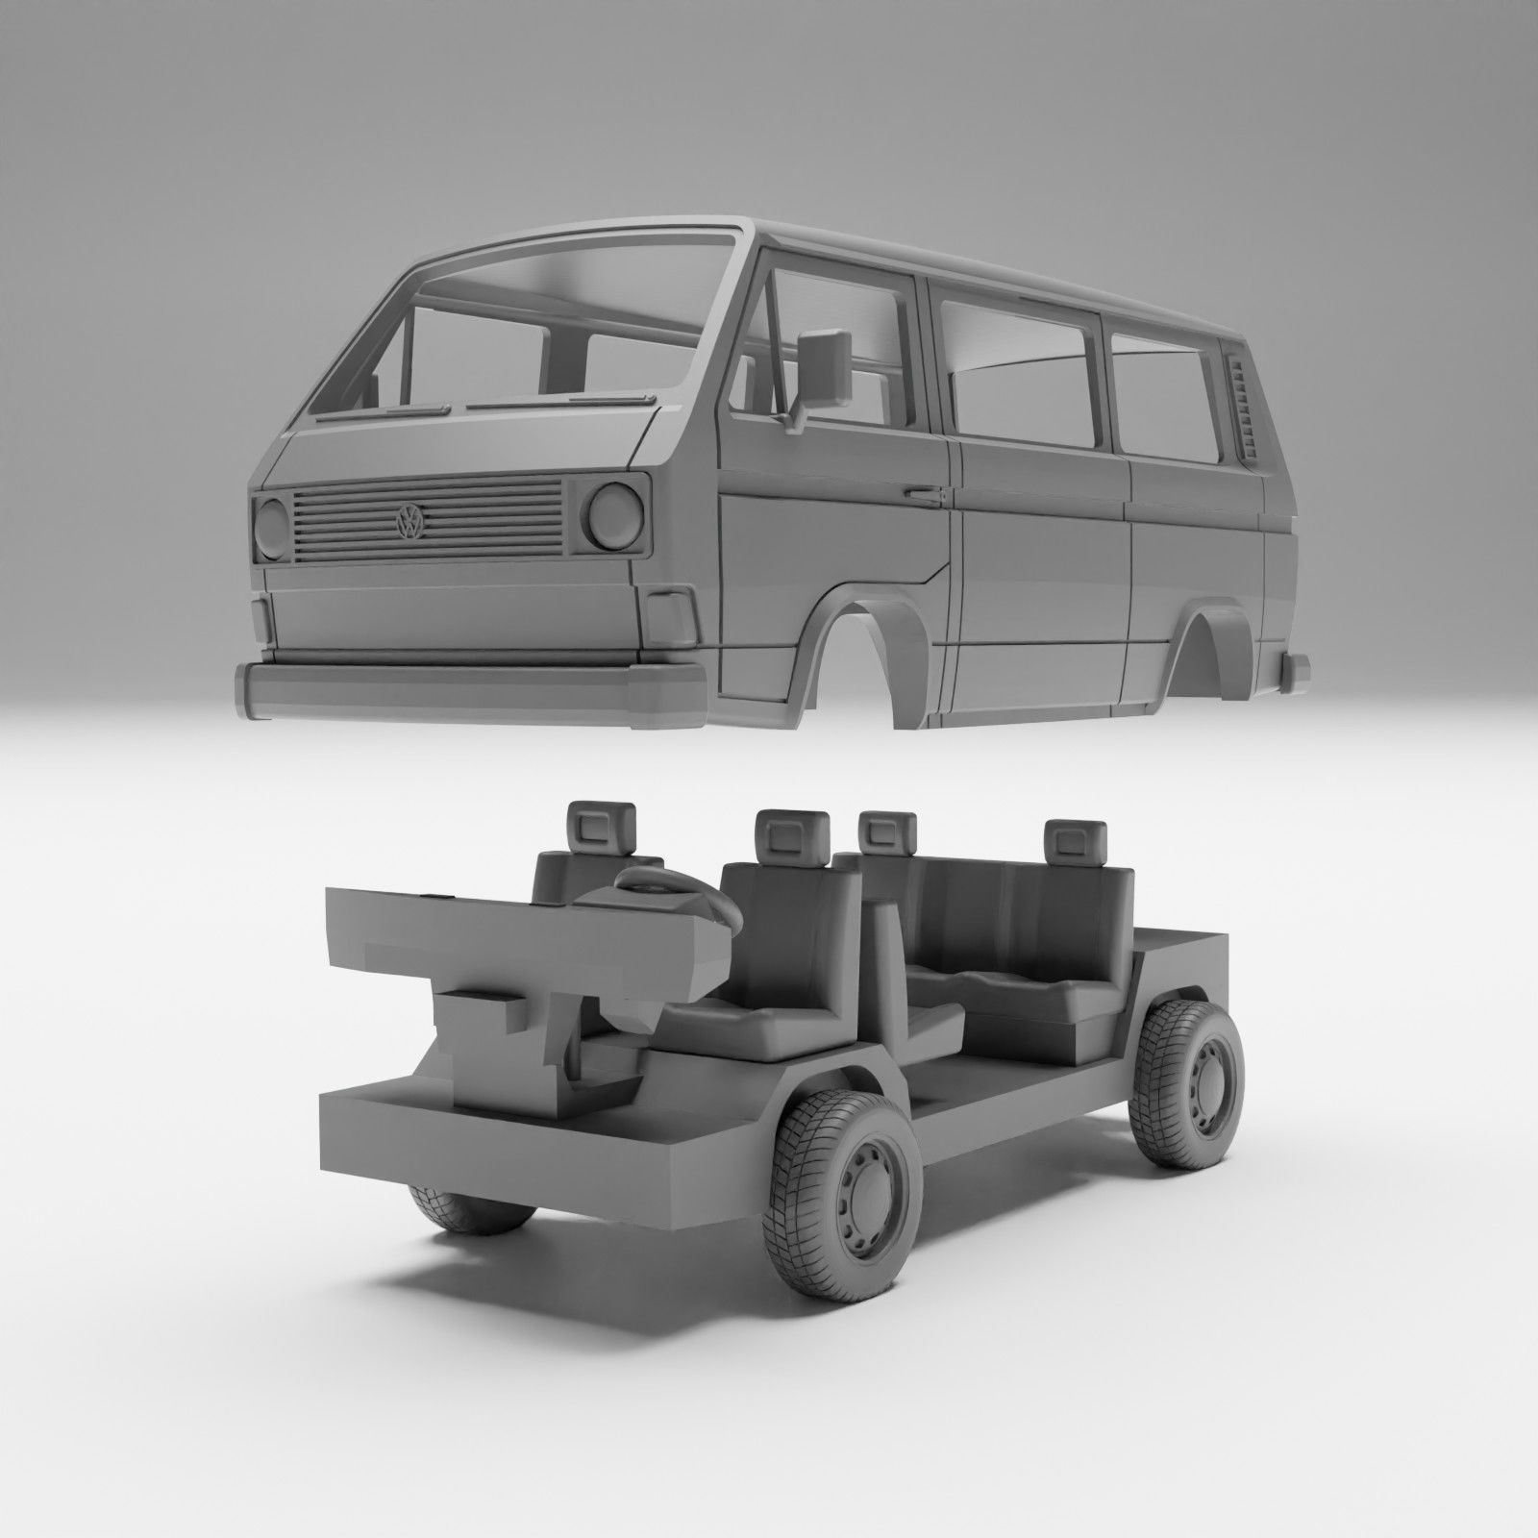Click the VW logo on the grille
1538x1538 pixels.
[x=410, y=522]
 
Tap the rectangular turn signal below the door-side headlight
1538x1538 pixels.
[x=672, y=616]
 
